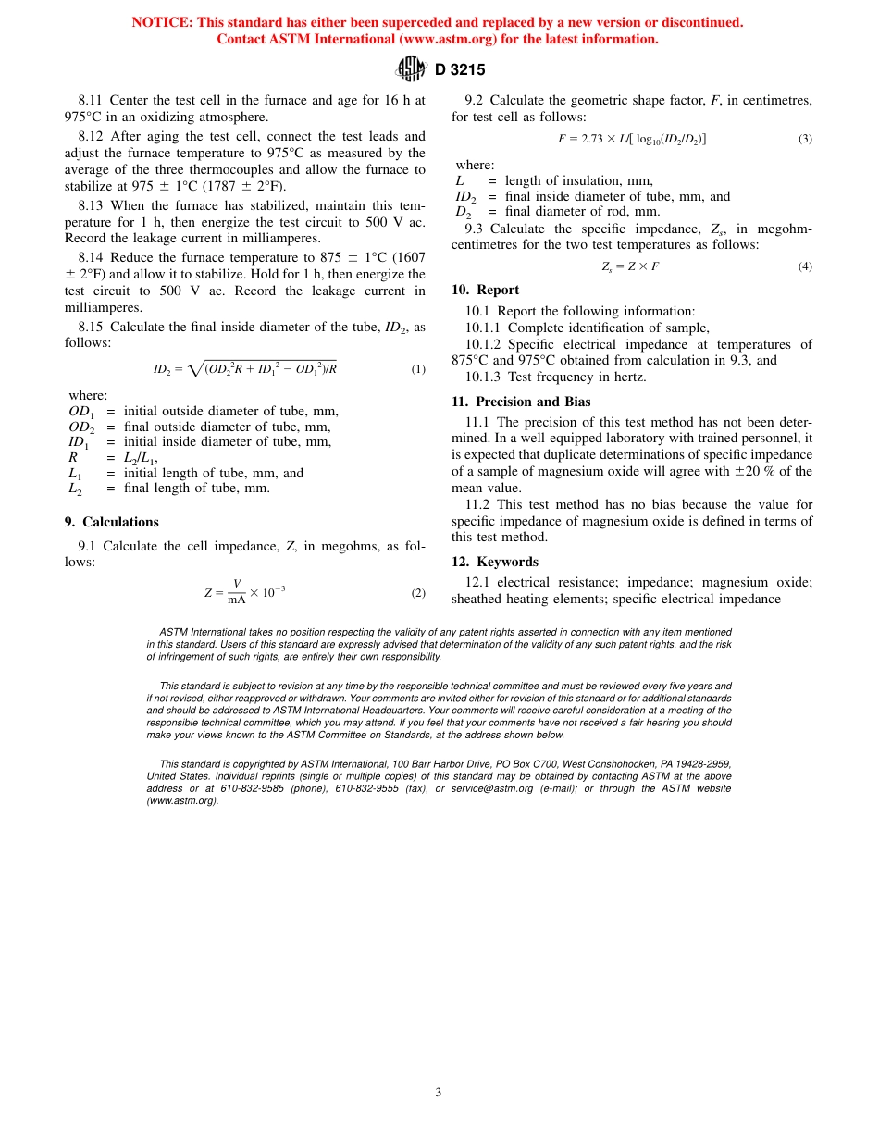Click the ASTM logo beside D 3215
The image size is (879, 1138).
click(x=410, y=68)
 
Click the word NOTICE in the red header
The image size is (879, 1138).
click(x=162, y=22)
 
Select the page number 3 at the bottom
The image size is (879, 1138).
click(x=439, y=1092)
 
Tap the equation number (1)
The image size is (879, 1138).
click(x=418, y=369)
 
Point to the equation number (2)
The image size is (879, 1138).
click(x=418, y=593)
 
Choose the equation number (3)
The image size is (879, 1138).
click(x=805, y=139)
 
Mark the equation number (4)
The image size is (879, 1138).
click(x=805, y=266)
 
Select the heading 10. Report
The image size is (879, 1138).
click(x=485, y=290)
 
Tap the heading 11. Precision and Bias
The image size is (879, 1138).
click(x=521, y=402)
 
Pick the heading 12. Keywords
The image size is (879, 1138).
click(x=494, y=562)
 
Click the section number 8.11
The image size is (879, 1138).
click(x=93, y=100)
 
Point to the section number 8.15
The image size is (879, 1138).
click(x=93, y=327)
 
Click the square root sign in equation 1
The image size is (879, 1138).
click(x=194, y=368)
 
